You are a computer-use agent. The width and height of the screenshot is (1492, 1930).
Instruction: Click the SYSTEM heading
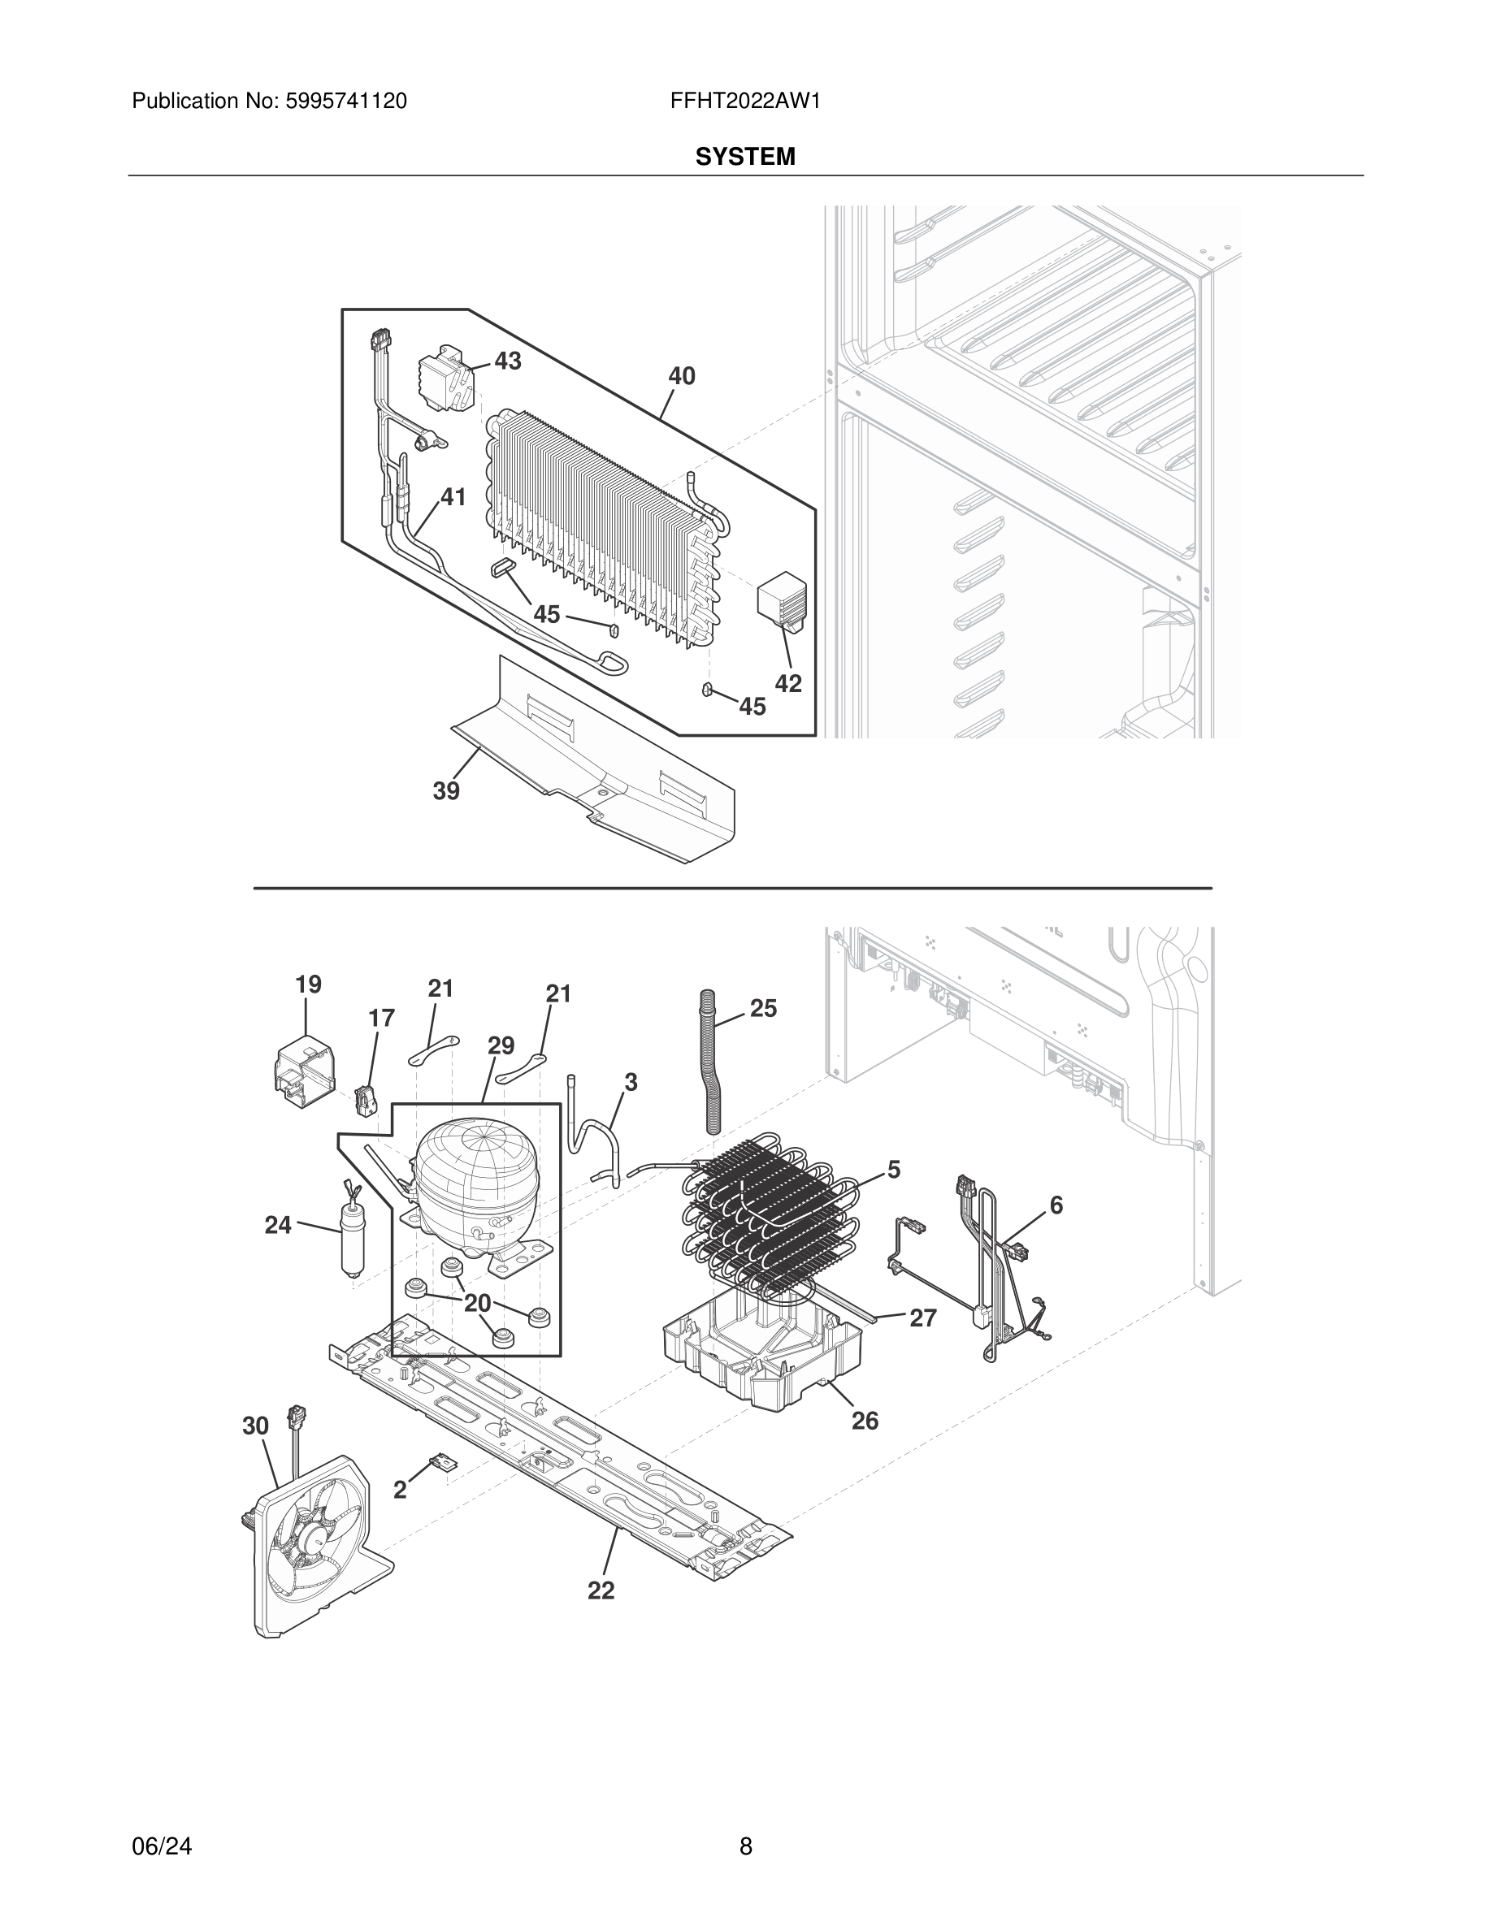click(745, 157)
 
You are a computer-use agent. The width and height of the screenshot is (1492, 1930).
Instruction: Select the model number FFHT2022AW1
click(745, 101)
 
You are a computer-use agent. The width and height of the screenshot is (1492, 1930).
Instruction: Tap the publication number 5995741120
click(345, 101)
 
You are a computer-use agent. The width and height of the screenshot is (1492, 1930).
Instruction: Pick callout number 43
click(507, 361)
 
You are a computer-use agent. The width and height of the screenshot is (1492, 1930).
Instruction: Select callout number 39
click(446, 791)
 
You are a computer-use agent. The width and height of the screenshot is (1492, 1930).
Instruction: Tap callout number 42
click(788, 683)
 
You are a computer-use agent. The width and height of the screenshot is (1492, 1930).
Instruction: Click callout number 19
click(309, 984)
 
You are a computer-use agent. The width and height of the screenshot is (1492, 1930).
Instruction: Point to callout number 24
click(279, 1225)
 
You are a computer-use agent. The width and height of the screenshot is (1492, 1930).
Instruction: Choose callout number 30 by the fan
click(255, 1426)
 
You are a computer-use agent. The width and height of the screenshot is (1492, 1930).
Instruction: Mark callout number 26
click(865, 1420)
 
